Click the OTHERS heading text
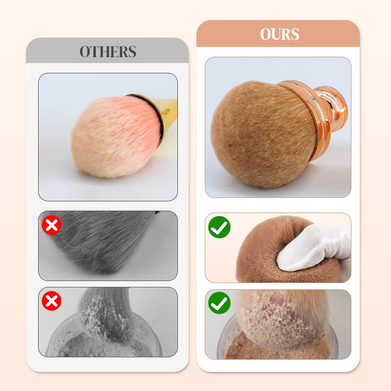[108, 51]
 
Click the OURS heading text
[279, 34]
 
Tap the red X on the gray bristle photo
[51, 225]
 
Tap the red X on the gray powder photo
[51, 301]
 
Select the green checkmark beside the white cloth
[219, 227]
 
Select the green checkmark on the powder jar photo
[219, 304]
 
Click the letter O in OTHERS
[86, 51]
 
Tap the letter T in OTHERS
[96, 51]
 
